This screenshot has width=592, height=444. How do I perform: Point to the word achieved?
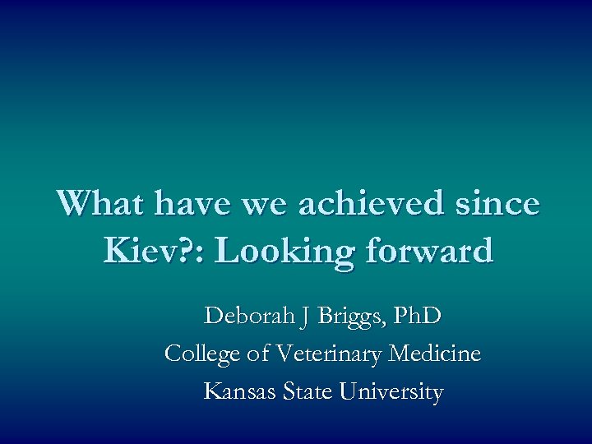tap(371, 203)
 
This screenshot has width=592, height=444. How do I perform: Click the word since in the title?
tap(499, 203)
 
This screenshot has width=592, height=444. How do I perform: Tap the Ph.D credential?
tap(417, 316)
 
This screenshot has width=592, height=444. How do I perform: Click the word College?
tap(202, 355)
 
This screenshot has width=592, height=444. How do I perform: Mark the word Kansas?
tap(241, 392)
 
